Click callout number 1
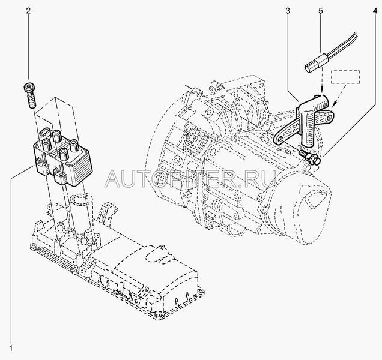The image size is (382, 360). [9, 349]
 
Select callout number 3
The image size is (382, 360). [288, 10]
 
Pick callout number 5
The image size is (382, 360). [321, 10]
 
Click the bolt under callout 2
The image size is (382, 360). [29, 94]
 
